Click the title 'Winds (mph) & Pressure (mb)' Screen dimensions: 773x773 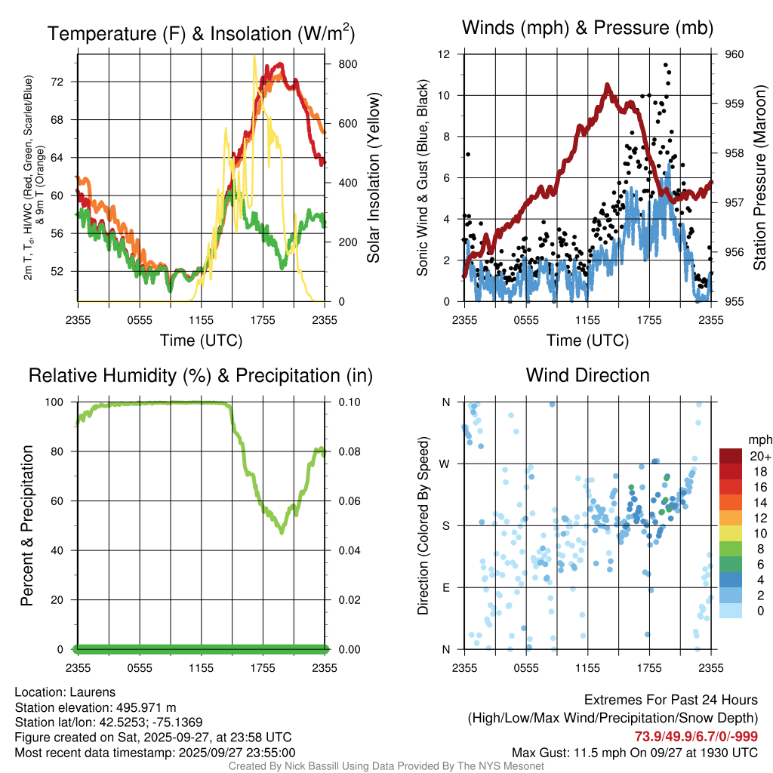[x=587, y=29]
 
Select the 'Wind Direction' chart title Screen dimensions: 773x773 [x=587, y=375]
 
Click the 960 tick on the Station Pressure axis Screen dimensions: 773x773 [x=734, y=54]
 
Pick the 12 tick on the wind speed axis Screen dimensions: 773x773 [x=445, y=54]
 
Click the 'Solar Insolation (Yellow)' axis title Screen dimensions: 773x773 [x=374, y=178]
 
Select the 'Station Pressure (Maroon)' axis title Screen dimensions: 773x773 [x=759, y=178]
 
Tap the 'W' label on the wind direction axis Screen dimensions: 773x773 [x=445, y=463]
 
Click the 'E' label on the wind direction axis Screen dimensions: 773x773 [x=446, y=587]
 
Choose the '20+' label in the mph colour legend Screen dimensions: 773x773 [x=759, y=457]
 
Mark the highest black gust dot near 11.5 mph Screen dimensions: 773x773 [x=666, y=65]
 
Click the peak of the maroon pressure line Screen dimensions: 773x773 [x=606, y=85]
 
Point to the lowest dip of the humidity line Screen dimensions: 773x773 [x=282, y=532]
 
